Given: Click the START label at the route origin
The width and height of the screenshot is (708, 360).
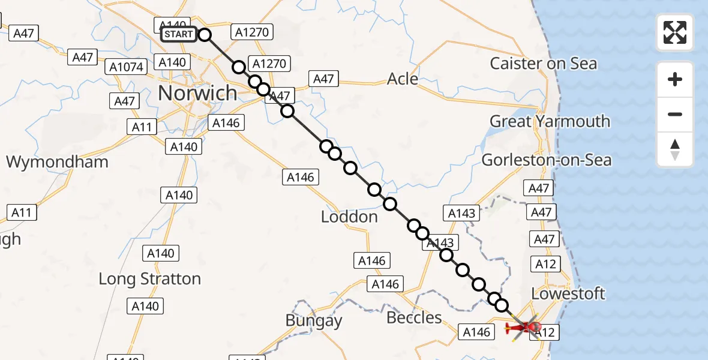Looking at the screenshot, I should pyautogui.click(x=178, y=34).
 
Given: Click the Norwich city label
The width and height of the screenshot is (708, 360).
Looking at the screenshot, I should pyautogui.click(x=197, y=93).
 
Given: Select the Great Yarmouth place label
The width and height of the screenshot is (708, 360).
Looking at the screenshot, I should pyautogui.click(x=550, y=122).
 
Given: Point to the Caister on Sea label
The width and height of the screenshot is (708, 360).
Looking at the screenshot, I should pyautogui.click(x=544, y=64).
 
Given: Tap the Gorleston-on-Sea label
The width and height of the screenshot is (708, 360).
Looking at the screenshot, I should pyautogui.click(x=547, y=160).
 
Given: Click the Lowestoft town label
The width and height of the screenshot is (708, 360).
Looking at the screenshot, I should pyautogui.click(x=568, y=294).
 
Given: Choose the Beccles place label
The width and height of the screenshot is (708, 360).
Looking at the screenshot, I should pyautogui.click(x=414, y=317).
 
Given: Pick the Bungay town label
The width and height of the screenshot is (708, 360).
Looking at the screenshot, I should pyautogui.click(x=313, y=321).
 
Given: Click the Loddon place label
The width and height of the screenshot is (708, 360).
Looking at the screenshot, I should pyautogui.click(x=349, y=217).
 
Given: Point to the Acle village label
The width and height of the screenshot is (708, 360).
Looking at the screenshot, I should pyautogui.click(x=403, y=79).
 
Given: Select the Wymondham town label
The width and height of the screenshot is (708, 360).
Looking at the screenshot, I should pyautogui.click(x=57, y=161).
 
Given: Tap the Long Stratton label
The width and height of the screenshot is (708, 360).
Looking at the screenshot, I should pyautogui.click(x=149, y=279).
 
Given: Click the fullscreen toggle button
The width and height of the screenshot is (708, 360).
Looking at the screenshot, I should pyautogui.click(x=675, y=32).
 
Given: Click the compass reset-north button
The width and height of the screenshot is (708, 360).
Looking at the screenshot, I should pyautogui.click(x=675, y=149).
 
